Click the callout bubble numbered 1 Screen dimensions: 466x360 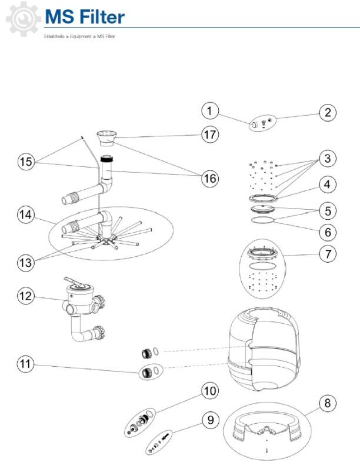pos(210,110)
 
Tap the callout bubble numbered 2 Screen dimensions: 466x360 pos(328,113)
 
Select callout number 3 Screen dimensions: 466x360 pos(327,159)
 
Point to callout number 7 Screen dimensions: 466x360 pos(327,254)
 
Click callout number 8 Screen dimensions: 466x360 pos(327,403)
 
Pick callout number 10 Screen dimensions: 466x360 pos(210,390)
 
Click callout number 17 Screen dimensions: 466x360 pos(210,134)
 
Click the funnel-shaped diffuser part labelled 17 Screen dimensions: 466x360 pos(108,139)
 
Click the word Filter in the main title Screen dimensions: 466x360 pos(102,17)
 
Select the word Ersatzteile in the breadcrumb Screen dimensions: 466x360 pos(54,37)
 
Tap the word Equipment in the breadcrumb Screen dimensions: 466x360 pos(82,37)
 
